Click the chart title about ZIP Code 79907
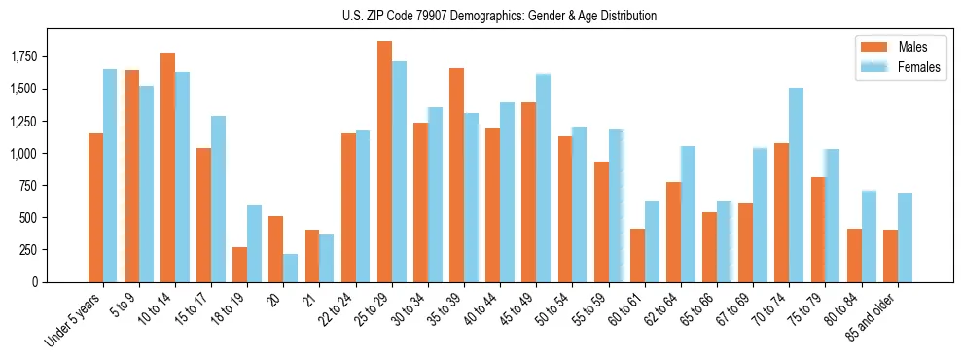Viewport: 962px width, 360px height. (x=500, y=16)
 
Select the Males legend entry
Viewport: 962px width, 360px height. (x=912, y=47)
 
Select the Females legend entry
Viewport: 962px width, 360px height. (x=918, y=67)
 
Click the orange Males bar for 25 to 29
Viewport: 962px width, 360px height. (x=384, y=162)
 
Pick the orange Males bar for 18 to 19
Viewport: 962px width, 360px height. (x=239, y=265)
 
